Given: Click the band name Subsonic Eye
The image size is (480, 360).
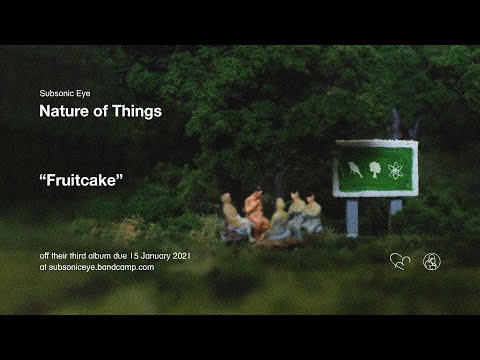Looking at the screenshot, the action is point(65,94).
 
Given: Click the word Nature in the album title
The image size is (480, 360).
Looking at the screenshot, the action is point(64,111).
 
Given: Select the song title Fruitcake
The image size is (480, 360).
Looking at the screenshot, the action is point(81,180).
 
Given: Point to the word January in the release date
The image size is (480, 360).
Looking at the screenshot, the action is point(155,256).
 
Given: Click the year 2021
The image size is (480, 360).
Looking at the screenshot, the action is point(182,256).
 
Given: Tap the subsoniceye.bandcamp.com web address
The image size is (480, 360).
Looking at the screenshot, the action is point(102,267).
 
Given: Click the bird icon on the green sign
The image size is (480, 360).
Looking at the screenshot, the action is point(355,169).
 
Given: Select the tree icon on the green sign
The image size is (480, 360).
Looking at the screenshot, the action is point(375,170).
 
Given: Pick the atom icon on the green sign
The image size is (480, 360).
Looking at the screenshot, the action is point(395,170).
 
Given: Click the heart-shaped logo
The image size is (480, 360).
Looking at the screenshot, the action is point(400,261).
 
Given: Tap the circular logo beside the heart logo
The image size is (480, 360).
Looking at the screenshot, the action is point(432,262).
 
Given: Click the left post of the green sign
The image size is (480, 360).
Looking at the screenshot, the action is point(352,217).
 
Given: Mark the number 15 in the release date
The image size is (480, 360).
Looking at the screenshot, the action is point(134,256).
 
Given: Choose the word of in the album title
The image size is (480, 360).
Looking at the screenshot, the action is point(101,111).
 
